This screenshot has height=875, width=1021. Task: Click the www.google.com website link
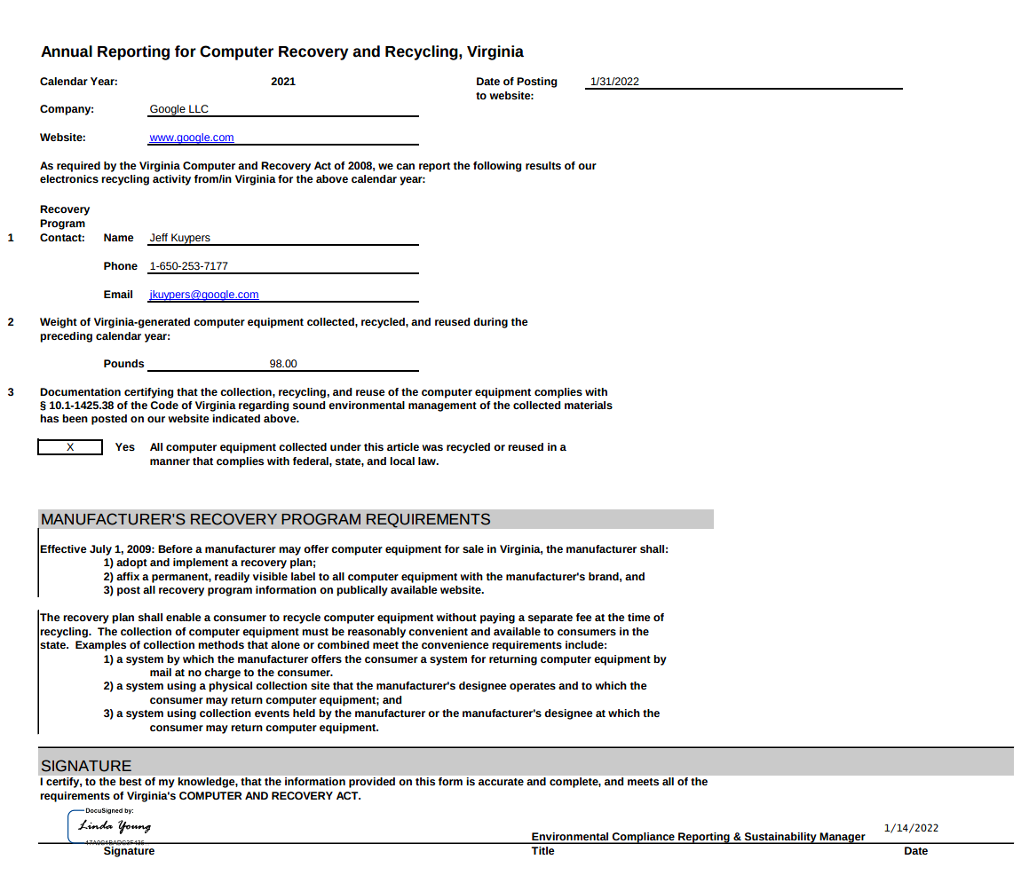pos(192,138)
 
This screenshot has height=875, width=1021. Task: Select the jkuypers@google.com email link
pos(204,295)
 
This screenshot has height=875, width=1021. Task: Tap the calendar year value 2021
pos(283,82)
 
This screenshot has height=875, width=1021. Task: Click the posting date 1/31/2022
pos(614,82)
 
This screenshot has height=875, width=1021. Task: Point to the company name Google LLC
pos(178,109)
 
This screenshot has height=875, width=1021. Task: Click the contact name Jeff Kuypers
pos(179,238)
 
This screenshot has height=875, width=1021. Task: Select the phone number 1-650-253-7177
pos(188,266)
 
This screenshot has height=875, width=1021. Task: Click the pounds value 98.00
pos(283,364)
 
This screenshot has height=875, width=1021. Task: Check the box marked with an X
pos(70,447)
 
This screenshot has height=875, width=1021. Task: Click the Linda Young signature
pos(115,826)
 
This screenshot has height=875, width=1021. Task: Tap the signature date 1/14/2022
pos(911,828)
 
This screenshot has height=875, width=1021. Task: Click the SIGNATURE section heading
pos(86,766)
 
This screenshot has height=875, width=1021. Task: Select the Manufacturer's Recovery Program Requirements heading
pos(265,519)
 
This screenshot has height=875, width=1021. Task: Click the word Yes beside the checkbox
pos(125,447)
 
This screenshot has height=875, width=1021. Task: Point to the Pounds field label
pos(123,364)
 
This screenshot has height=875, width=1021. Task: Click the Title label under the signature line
pos(542,851)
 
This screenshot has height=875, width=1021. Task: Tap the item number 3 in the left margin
pos(11,392)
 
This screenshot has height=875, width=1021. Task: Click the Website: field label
pos(63,138)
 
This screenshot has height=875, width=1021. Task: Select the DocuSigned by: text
pos(109,810)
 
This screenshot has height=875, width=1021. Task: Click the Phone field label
pos(121,266)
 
